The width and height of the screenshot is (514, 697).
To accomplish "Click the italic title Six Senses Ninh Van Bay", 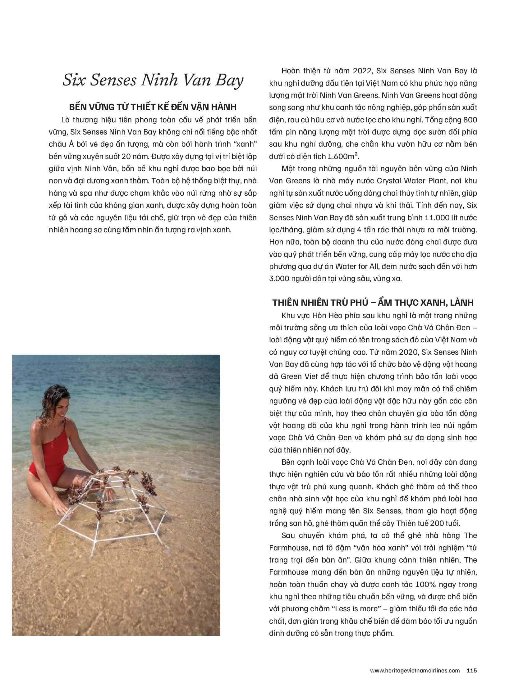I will (153, 80).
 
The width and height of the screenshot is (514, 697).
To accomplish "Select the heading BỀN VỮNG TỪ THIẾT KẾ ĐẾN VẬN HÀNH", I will (153, 107).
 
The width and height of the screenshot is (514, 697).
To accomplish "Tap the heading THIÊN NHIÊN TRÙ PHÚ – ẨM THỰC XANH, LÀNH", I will (373, 303).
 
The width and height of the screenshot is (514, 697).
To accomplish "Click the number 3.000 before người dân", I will (279, 279).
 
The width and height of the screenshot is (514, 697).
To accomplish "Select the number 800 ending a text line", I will (470, 120).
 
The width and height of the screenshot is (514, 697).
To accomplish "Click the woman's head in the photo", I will (57, 402).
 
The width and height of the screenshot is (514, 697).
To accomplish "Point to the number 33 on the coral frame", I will (126, 517).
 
